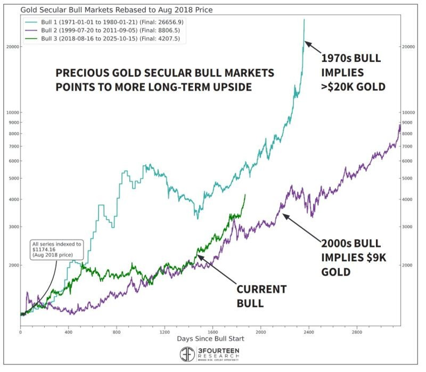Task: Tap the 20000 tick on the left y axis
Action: [12, 47]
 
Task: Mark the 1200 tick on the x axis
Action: [165, 332]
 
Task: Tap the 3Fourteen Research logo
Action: [210, 354]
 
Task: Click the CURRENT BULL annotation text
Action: [261, 296]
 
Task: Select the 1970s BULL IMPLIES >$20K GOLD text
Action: [353, 72]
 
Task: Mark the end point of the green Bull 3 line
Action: [245, 195]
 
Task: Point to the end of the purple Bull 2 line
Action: [400, 124]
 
